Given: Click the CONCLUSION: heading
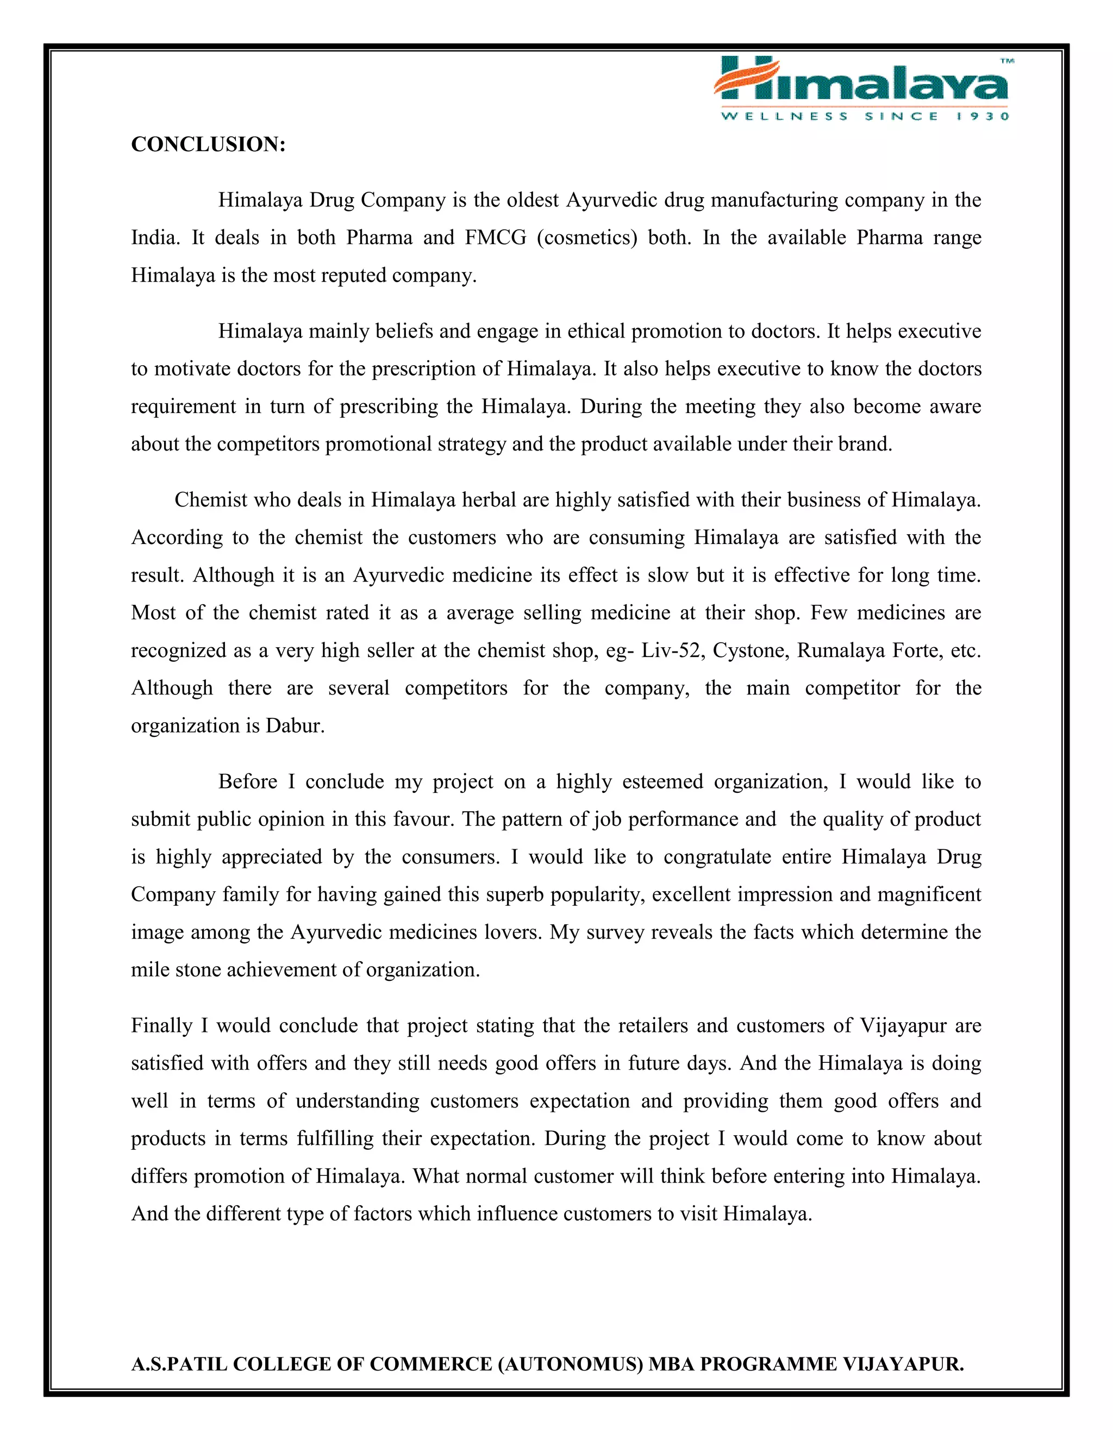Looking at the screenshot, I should click(x=208, y=145).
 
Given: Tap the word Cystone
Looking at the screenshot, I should click(x=748, y=651).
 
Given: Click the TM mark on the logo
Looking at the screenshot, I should click(x=1007, y=61).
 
